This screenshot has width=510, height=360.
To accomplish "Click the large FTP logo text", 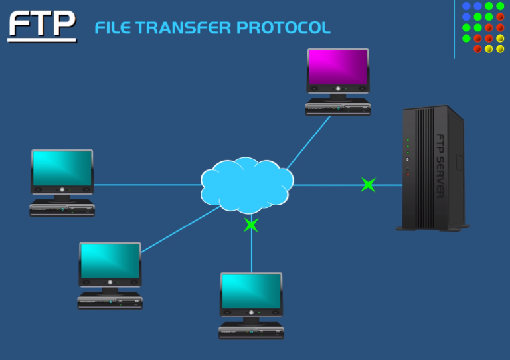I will coord(42,23).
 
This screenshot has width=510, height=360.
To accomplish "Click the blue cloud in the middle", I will coord(246,185).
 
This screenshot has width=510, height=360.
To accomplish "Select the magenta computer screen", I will coord(337,67).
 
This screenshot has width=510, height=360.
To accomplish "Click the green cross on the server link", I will coord(368,185).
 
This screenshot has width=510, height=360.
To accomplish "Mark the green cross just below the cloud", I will coord(251,225).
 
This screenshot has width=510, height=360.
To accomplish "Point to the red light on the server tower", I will coord(408,174).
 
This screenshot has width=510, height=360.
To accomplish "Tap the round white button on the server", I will coord(408,159).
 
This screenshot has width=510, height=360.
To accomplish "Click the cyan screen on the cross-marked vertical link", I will coord(251,291).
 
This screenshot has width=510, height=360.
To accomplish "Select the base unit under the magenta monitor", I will coord(337,108).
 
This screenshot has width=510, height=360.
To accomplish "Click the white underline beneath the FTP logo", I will coord(42,40).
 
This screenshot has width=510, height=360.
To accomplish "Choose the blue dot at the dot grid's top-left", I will coord(466,6).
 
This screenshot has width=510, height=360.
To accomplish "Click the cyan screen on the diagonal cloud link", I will coord(110,261).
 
